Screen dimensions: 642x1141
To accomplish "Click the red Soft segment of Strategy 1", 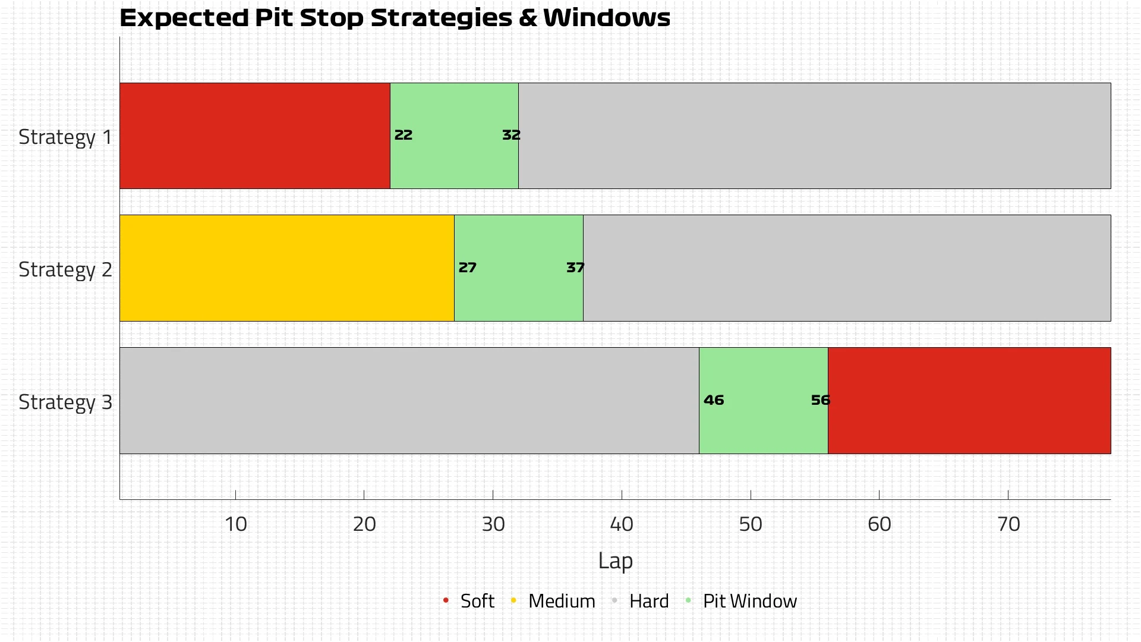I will click(x=254, y=136).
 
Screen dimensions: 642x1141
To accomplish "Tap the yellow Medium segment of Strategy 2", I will click(x=286, y=268).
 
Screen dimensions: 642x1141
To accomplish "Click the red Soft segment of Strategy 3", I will click(x=969, y=400).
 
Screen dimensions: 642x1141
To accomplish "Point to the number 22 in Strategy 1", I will click(x=404, y=135).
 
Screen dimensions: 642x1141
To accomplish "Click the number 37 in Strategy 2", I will click(x=575, y=267).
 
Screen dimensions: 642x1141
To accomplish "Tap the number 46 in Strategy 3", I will click(x=714, y=400).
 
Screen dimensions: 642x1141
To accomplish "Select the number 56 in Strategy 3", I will click(x=820, y=400).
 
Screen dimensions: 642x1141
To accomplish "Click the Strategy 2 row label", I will click(x=65, y=269).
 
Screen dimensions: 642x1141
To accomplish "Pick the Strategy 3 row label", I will click(x=65, y=402).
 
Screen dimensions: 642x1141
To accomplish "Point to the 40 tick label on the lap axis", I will click(x=622, y=524).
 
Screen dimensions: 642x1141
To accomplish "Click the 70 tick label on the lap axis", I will click(x=1008, y=524).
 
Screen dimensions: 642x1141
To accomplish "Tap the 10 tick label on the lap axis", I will click(x=235, y=524).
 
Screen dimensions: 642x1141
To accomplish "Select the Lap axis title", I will click(x=615, y=561).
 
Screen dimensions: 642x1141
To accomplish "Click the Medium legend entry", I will click(x=561, y=601).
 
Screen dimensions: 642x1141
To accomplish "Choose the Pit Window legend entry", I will click(x=749, y=601).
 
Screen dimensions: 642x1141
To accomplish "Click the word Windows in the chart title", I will click(x=607, y=18).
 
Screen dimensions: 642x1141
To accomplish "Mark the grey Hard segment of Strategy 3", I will click(x=409, y=400).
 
